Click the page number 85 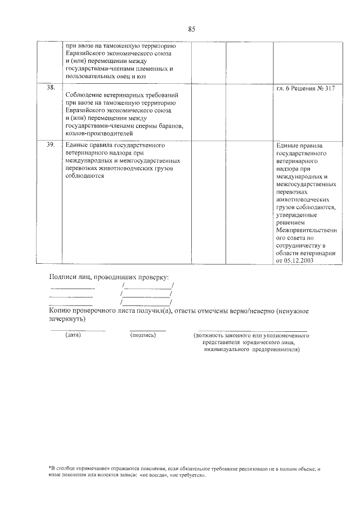(x=191, y=29)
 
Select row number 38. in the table (x=51, y=88)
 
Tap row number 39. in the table (x=51, y=145)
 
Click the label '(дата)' (x=73, y=335)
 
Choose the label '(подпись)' (x=142, y=335)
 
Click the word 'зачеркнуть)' (x=67, y=318)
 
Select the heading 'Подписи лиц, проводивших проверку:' (x=109, y=277)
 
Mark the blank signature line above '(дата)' (x=77, y=329)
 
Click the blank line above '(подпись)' (x=147, y=329)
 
